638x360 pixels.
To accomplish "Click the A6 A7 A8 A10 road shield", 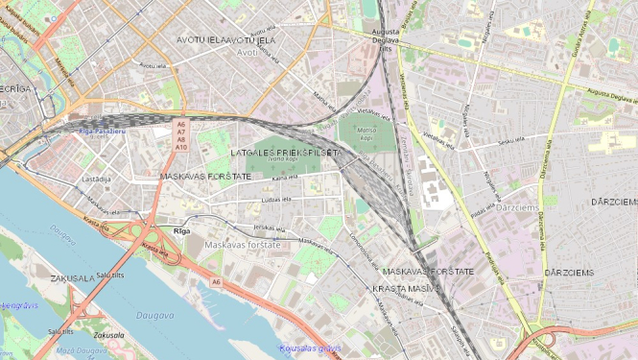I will pos(180,135).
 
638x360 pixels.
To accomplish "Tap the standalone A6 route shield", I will pos(217,281).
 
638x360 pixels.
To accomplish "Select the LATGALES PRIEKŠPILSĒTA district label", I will pos(286,153).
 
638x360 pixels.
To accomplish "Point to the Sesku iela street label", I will pos(512,141).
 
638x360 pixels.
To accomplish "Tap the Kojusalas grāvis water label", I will pos(309,348).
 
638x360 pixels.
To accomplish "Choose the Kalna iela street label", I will pos(285,178).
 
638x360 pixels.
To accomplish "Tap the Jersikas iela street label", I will pos(270,228).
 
